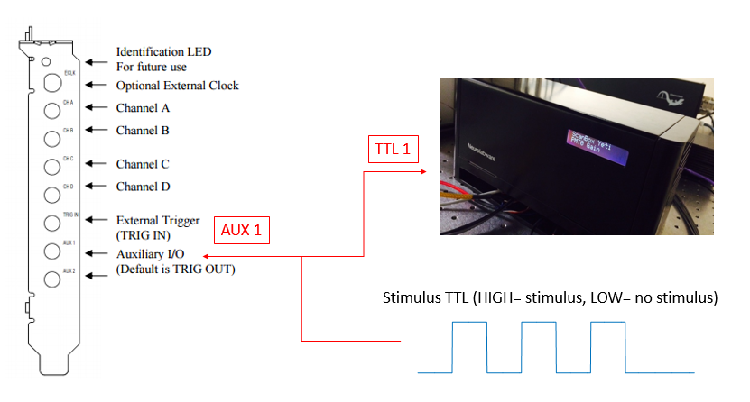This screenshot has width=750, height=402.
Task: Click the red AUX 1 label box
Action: coord(242,230)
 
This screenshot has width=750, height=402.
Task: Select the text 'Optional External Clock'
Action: coord(177,86)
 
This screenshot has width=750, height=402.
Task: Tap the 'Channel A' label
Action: coord(143,107)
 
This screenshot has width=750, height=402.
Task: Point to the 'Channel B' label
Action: coord(143,130)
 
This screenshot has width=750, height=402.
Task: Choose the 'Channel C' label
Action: coord(143,164)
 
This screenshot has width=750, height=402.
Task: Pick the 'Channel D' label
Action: coord(143,187)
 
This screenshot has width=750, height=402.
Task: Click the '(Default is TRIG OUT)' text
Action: coord(175,269)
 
